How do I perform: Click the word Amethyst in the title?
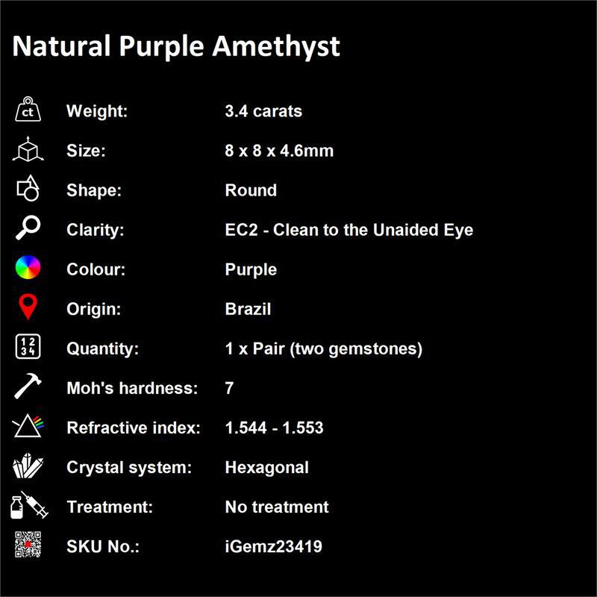[276, 47]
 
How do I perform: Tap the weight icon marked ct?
[28, 109]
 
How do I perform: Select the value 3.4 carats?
[263, 111]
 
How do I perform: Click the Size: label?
[86, 151]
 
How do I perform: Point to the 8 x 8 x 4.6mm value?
[279, 151]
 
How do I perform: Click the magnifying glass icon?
[28, 228]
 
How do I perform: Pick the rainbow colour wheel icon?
[28, 267]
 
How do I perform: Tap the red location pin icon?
[28, 306]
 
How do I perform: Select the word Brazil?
[248, 309]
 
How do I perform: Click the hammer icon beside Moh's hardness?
[28, 386]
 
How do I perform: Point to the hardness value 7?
[229, 388]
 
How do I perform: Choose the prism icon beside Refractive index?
[28, 425]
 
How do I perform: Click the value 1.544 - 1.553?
[274, 428]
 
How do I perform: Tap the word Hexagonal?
[267, 468]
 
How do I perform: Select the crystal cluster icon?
[28, 466]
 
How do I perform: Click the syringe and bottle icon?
[29, 505]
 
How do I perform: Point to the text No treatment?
[277, 507]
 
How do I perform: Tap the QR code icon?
[28, 545]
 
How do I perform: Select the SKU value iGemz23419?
[273, 546]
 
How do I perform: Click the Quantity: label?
[102, 348]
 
